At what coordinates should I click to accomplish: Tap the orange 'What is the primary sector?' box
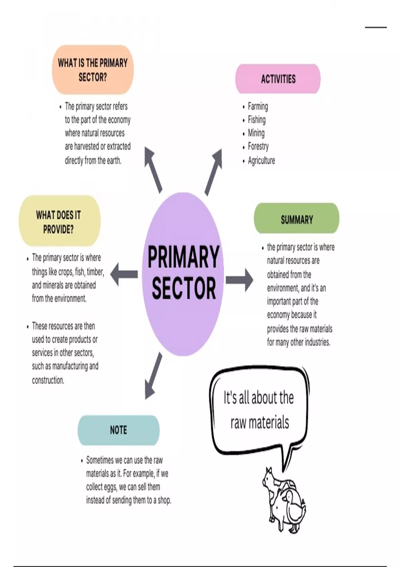93,70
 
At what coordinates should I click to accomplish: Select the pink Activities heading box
278,79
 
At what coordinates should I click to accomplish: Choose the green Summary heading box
296,219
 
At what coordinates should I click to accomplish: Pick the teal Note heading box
118,430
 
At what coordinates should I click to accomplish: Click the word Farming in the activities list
258,106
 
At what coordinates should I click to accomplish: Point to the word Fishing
257,120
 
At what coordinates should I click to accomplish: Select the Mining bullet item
256,133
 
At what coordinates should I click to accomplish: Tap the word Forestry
258,146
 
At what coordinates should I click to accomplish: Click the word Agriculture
261,160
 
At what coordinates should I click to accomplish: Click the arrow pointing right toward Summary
239,279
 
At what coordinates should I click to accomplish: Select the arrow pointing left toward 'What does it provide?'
124,274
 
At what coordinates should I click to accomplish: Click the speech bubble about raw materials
259,410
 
